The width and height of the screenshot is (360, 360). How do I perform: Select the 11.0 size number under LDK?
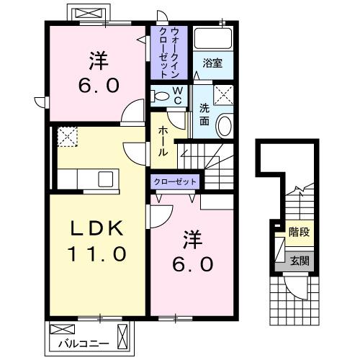[x=99, y=253]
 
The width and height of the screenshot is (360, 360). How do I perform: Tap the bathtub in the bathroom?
[x=214, y=40]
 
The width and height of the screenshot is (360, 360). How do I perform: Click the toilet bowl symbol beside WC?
[x=161, y=95]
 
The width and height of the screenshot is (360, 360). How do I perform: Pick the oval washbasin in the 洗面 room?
[x=224, y=126]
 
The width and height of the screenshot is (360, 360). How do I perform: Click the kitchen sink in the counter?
[x=102, y=178]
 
